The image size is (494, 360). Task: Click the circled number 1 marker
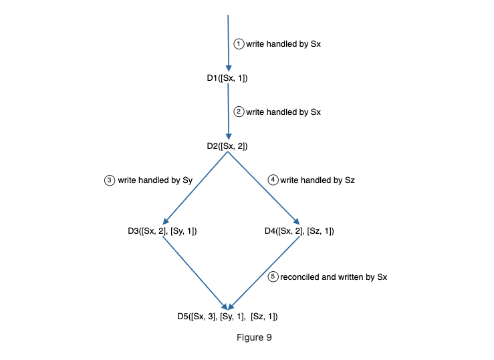239,43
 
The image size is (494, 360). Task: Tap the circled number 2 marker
239,112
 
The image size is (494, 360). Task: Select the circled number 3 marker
109,180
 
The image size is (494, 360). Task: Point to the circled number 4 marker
273,180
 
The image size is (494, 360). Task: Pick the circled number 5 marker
273,277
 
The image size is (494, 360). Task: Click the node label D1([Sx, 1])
227,78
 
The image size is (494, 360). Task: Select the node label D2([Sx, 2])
227,146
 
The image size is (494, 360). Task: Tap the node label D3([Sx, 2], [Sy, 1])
162,231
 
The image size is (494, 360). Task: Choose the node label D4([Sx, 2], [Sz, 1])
299,231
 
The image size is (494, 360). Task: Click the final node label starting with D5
227,316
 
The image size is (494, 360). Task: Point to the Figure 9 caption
254,337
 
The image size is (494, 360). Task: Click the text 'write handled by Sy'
155,180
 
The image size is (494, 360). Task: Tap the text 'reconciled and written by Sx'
334,277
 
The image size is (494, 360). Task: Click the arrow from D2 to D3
195,188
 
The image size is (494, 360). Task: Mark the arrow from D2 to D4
262,188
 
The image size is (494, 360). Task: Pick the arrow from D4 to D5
263,273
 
